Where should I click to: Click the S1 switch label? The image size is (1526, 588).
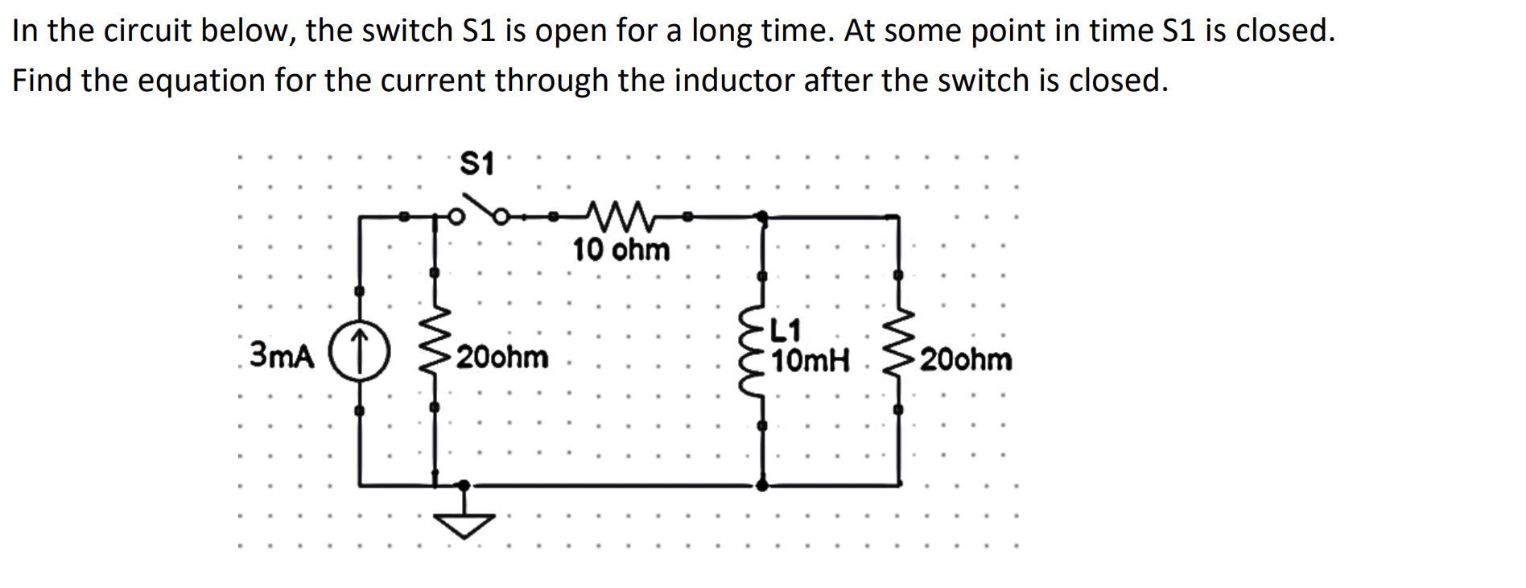point(476,164)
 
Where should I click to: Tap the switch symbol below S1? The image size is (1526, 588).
point(480,212)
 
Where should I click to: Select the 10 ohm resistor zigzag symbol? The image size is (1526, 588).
point(618,215)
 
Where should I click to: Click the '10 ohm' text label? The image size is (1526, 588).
point(621,250)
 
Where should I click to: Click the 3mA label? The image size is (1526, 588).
point(282,354)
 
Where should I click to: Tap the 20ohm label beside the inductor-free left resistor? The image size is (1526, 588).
point(502,357)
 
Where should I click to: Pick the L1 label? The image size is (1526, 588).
point(786,330)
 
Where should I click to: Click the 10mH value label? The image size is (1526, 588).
point(810,361)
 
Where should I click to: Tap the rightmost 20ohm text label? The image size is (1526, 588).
point(966,359)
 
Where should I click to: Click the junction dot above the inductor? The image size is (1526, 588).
point(762,216)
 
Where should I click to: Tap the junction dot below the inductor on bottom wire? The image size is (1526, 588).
point(762,485)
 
